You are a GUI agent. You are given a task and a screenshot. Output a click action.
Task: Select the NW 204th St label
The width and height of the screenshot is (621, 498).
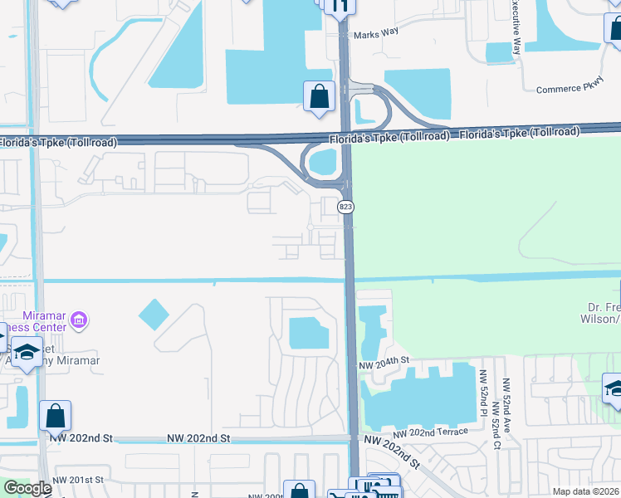click(385, 364)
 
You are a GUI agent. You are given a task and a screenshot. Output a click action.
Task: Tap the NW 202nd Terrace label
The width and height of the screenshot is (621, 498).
click(431, 432)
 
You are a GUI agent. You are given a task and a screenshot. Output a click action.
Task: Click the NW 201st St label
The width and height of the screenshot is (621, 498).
click(78, 480)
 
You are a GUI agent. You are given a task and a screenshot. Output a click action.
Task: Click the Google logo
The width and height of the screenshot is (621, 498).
click(27, 488)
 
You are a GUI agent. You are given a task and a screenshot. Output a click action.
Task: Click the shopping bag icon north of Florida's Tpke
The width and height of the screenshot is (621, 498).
click(319, 96)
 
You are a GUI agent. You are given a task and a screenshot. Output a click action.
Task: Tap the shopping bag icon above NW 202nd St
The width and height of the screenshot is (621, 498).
click(54, 415)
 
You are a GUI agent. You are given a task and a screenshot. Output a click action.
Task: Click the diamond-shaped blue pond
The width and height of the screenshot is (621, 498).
click(154, 314)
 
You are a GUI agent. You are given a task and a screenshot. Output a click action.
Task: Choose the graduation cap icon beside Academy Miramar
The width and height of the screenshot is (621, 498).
click(28, 352)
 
